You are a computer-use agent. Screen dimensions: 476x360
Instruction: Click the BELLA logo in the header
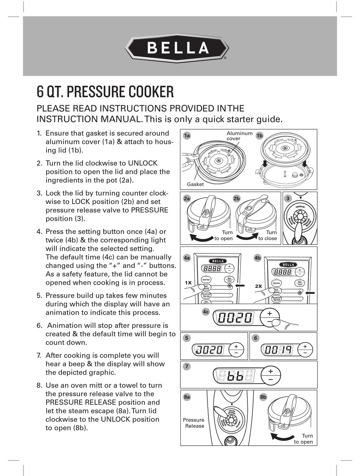coord(177,48)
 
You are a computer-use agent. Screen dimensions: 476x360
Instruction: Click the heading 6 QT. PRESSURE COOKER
coord(105,92)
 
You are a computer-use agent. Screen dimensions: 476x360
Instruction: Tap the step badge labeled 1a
coord(186,136)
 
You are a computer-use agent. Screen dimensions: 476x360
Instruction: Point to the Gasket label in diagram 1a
coord(195,184)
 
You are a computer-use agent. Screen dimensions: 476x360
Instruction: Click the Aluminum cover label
coord(239,136)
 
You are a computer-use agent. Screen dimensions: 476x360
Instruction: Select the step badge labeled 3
coord(288,198)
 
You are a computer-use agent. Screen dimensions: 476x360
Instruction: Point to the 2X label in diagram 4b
coord(259,286)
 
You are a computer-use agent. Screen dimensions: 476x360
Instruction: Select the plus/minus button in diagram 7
coord(271,375)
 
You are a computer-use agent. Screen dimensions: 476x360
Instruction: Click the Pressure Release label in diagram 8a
coord(194,423)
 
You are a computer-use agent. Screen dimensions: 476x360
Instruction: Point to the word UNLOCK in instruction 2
coord(142,163)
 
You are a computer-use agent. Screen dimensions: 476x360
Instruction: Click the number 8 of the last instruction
coord(39,385)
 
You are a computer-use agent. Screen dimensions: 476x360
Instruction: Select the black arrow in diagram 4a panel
coord(240,286)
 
